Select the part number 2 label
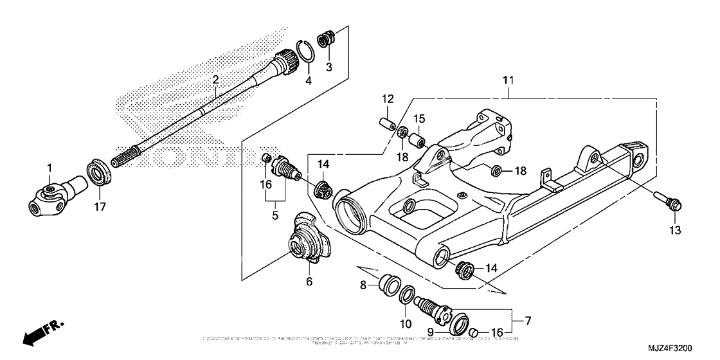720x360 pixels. coord(215,80)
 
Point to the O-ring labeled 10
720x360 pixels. coord(407,297)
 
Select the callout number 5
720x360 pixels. coord(274,216)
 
